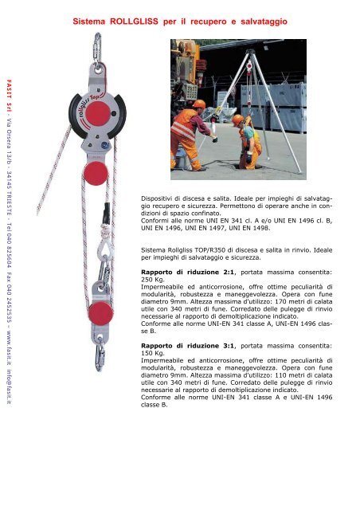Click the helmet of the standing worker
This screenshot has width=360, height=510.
coord(198,104)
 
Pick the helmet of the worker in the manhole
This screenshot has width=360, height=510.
coord(237,119)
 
